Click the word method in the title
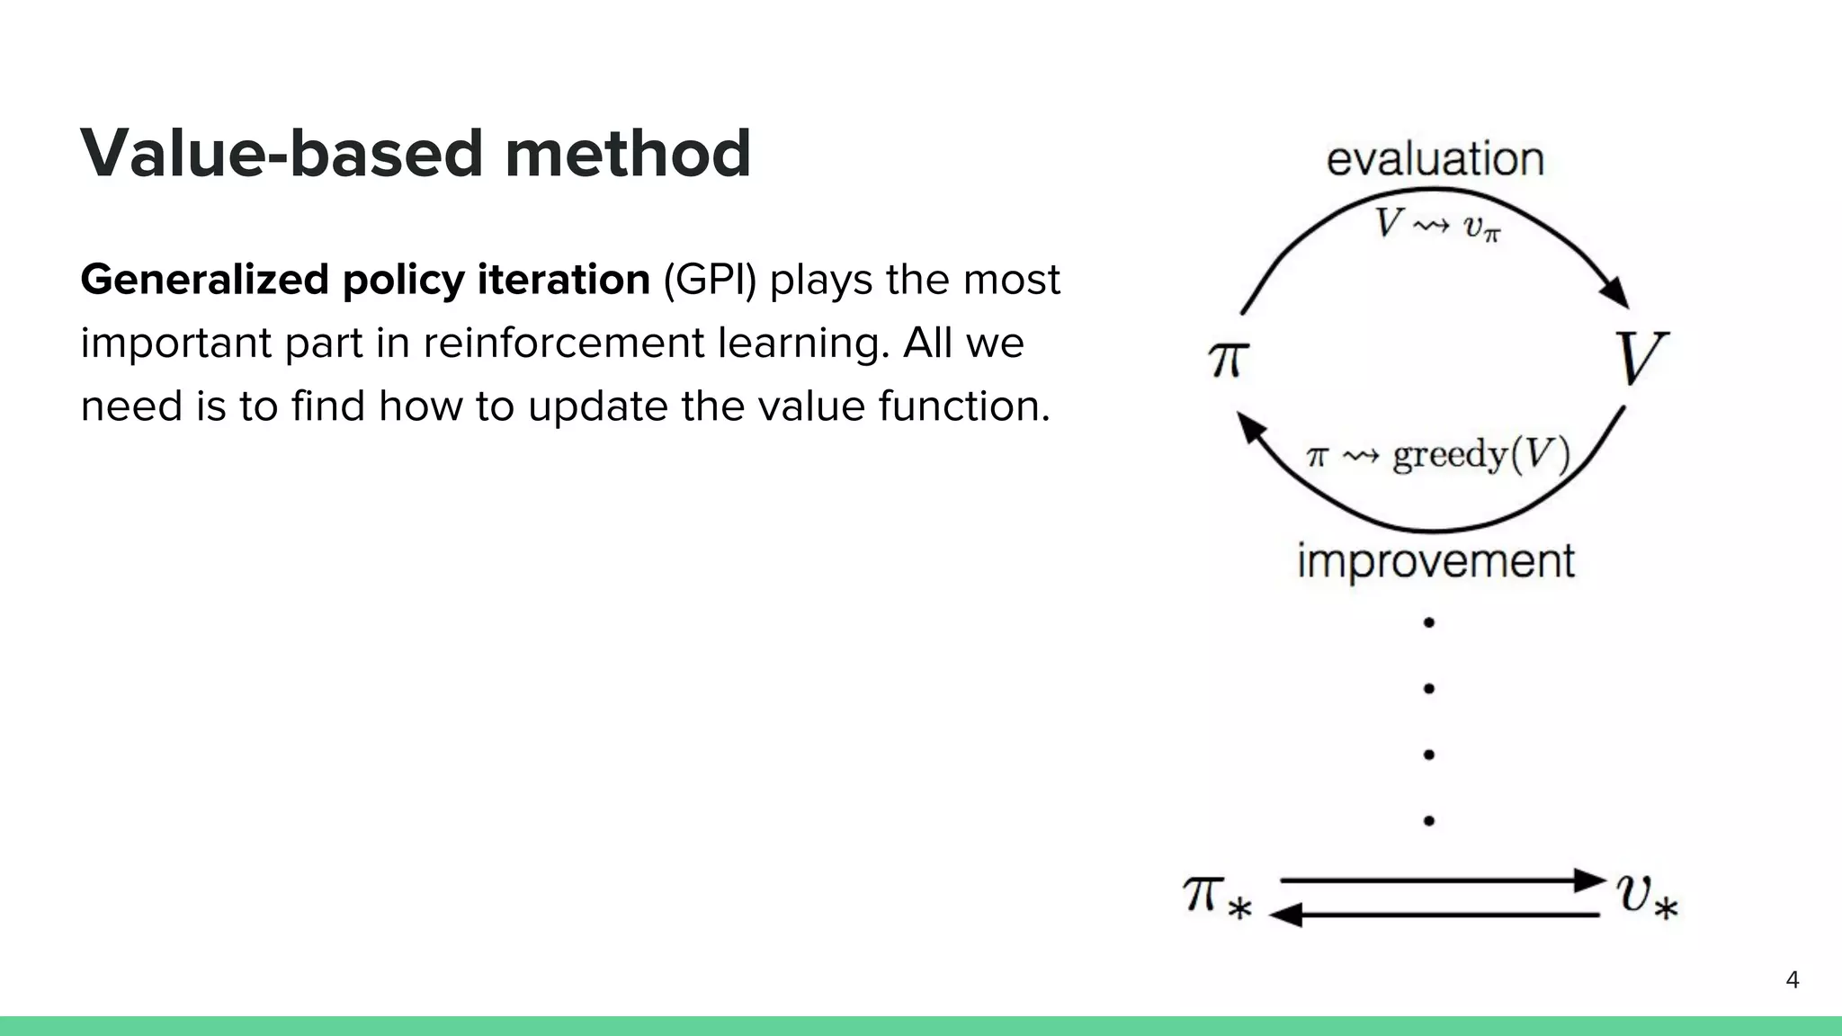627,154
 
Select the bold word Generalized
204,280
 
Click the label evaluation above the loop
1435,159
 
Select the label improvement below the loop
1435,561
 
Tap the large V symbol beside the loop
1641,358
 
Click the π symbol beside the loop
1228,360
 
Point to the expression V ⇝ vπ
1436,224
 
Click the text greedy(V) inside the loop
1480,454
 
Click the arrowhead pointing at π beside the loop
1249,426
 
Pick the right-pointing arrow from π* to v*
1439,880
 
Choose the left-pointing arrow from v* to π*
1439,915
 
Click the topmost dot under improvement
1428,622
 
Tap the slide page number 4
1792,979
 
